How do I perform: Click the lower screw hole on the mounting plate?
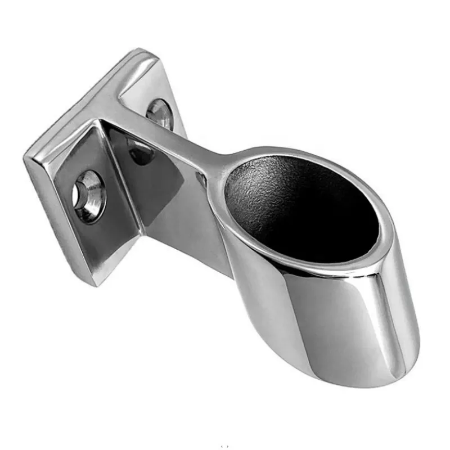pyautogui.click(x=89, y=196)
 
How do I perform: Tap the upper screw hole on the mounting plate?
pyautogui.click(x=159, y=111)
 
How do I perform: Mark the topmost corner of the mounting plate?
pyautogui.click(x=147, y=51)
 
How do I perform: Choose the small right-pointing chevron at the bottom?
pyautogui.click(x=228, y=446)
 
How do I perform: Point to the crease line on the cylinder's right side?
pyautogui.click(x=388, y=315)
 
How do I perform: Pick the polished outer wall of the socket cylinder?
pyautogui.click(x=315, y=326)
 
